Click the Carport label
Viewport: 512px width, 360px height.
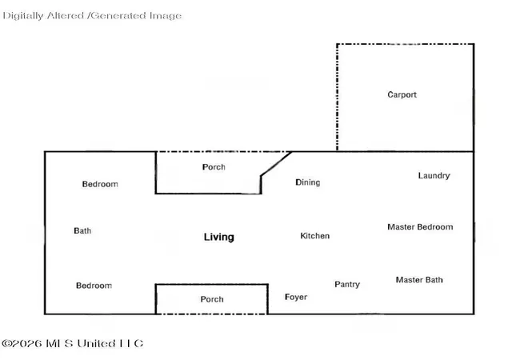pos(402,94)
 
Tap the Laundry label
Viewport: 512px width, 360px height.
pos(434,176)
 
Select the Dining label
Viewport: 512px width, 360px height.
pos(307,182)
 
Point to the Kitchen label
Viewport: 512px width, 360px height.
pos(314,236)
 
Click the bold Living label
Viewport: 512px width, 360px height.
pos(218,237)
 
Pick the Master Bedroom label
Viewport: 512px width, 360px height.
pos(420,227)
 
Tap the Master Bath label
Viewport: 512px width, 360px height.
pos(419,280)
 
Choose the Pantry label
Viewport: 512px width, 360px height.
pos(347,285)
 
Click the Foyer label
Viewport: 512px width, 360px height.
pos(296,297)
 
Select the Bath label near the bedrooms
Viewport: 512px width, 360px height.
pos(82,231)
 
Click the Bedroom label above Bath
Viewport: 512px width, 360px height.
pos(100,184)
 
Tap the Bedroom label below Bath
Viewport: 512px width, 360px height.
pos(94,286)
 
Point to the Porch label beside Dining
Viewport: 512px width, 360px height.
pos(214,167)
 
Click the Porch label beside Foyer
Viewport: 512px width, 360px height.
pos(212,299)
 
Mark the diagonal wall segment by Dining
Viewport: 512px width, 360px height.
pos(276,164)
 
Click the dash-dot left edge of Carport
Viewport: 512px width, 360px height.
pos(338,98)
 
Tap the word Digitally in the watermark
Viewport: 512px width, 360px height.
pos(23,16)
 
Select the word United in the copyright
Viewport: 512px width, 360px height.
pos(96,343)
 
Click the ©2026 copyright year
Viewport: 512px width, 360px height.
pos(22,344)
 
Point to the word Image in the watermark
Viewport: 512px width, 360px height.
pos(166,16)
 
